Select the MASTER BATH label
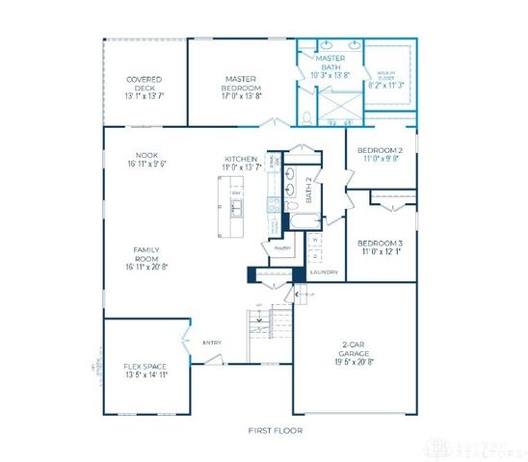[330, 63]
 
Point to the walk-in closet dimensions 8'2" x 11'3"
[387, 85]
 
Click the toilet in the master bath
[305, 117]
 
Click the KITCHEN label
[241, 159]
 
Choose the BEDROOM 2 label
[379, 150]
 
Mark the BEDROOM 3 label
[379, 243]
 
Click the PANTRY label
[282, 247]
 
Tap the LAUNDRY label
[324, 272]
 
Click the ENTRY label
[211, 342]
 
